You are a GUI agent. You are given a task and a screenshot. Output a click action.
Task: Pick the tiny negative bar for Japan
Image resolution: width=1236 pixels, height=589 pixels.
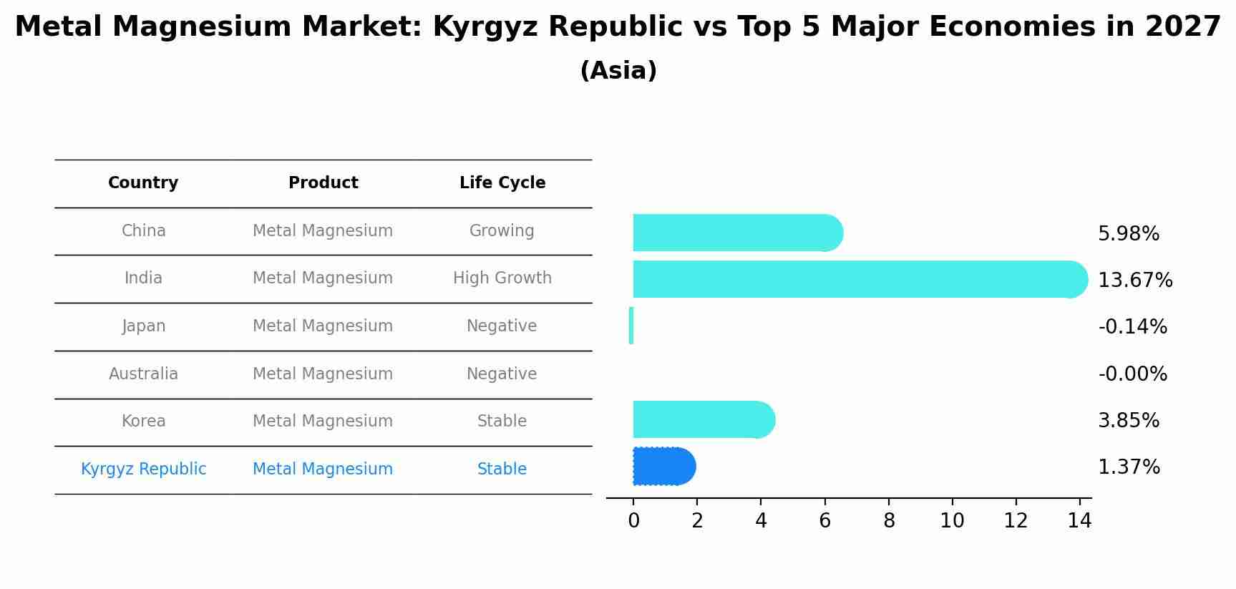[x=631, y=326]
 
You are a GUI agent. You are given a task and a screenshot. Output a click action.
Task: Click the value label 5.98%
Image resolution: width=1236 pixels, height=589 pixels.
[x=1128, y=234]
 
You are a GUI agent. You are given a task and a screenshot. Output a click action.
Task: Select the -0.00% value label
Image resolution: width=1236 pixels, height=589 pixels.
[x=1132, y=374]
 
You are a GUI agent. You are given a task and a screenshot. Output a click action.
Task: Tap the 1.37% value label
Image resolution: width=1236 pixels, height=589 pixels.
[x=1128, y=467]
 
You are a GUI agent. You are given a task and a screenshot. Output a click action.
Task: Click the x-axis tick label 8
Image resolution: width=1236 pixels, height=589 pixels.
[x=889, y=521]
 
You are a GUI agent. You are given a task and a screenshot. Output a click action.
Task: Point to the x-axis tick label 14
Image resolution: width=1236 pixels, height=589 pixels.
[x=1079, y=521]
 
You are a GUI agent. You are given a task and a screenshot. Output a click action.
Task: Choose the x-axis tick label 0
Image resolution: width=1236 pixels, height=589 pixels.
[x=633, y=521]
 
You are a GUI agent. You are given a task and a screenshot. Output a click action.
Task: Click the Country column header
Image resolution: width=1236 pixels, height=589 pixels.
[x=143, y=183]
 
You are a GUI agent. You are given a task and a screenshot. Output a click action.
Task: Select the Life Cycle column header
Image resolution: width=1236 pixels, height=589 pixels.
[x=502, y=183]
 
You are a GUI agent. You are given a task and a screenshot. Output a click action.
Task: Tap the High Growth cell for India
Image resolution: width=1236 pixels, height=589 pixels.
[x=502, y=278]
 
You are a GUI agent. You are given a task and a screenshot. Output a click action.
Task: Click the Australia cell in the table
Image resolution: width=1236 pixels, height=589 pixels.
[x=143, y=374]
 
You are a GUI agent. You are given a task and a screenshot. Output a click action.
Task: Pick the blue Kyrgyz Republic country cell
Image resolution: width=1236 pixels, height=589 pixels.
[x=143, y=469]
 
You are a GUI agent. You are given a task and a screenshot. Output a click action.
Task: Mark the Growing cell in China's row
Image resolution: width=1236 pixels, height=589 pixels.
[x=502, y=231]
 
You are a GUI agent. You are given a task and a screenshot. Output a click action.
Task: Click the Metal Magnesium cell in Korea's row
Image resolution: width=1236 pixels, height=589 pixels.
[x=323, y=422]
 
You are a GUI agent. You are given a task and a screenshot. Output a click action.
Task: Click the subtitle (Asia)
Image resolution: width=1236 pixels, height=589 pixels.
[x=618, y=71]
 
